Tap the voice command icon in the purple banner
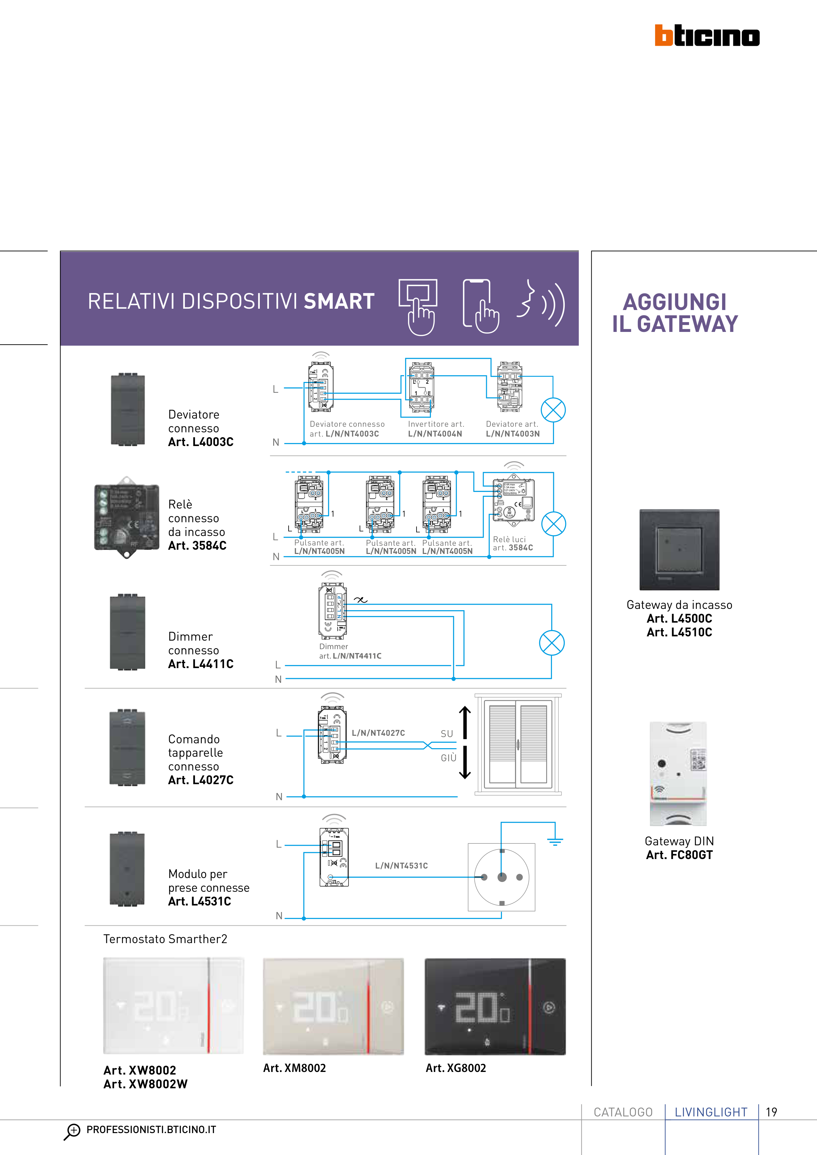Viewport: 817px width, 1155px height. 541,303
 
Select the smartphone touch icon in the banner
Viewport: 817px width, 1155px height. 480,306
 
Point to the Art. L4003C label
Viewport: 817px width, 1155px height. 201,442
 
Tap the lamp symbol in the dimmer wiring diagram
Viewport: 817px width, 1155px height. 552,643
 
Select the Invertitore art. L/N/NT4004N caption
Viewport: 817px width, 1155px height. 435,429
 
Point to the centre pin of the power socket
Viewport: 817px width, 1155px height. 502,877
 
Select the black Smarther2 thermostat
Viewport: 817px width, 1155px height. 495,1006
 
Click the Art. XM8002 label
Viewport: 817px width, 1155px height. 294,1068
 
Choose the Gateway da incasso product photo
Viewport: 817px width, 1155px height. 679,549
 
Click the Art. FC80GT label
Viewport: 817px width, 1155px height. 679,855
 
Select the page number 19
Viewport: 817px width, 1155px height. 771,1112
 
